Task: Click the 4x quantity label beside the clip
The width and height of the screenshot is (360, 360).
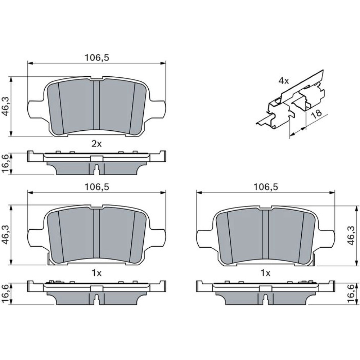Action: (284, 81)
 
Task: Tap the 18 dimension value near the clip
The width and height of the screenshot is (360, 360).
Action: (317, 114)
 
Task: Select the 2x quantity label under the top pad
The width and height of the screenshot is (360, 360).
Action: (96, 144)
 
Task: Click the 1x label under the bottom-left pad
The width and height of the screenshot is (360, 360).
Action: (96, 273)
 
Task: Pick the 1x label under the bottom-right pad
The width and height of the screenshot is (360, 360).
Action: (265, 273)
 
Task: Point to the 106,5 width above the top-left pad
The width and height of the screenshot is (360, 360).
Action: (96, 58)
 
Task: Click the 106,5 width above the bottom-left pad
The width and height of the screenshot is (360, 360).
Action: (96, 187)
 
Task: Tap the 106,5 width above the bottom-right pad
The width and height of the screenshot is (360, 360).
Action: (266, 187)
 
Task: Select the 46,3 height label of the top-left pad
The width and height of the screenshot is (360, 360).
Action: (6, 106)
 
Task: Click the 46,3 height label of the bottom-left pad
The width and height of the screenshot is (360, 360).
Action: (6, 235)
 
